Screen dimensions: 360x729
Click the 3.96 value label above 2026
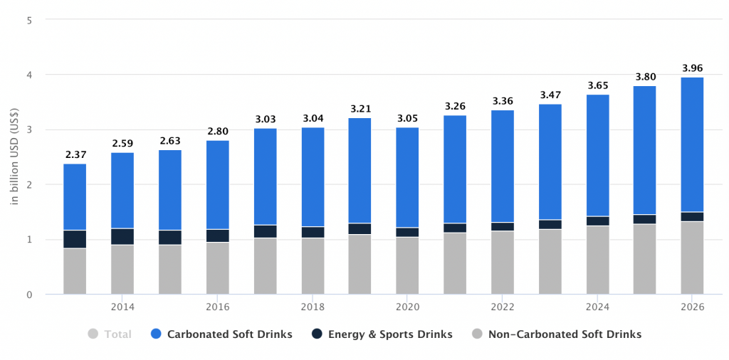(692, 68)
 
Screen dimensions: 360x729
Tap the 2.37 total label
(75, 155)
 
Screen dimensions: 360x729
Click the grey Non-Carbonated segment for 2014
(122, 270)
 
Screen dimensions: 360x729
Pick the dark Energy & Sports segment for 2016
(217, 235)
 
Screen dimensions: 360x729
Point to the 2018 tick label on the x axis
(313, 307)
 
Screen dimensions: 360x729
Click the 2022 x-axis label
(503, 307)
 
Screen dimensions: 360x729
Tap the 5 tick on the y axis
(29, 20)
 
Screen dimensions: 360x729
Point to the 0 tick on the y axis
(29, 295)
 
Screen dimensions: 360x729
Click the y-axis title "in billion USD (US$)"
(14, 157)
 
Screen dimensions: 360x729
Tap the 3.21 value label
(360, 110)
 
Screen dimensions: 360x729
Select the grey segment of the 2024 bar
(597, 260)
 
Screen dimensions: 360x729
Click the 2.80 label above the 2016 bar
(217, 132)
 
